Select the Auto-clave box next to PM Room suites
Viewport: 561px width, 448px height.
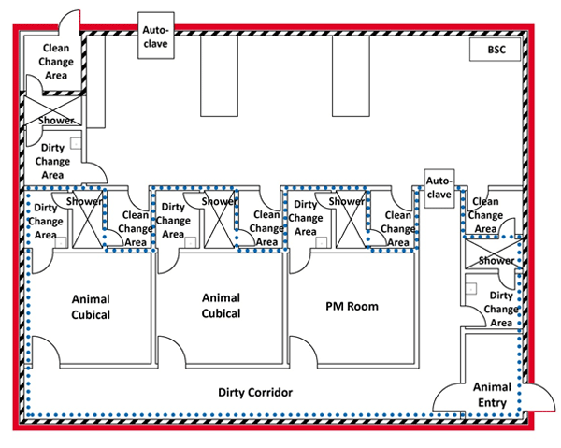[x=439, y=187]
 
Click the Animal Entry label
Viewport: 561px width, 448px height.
[x=491, y=395]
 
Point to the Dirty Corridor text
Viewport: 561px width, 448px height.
[x=255, y=392]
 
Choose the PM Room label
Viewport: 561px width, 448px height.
[x=351, y=307]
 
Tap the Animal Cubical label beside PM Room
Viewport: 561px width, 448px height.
[x=221, y=306]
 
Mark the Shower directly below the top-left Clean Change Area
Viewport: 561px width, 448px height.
[x=55, y=121]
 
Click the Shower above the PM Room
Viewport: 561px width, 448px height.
[x=346, y=201]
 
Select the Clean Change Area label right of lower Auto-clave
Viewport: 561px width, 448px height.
[x=486, y=214]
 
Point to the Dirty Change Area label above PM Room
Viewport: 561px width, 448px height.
[x=305, y=218]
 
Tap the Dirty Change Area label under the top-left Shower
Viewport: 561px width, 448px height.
[x=53, y=160]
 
